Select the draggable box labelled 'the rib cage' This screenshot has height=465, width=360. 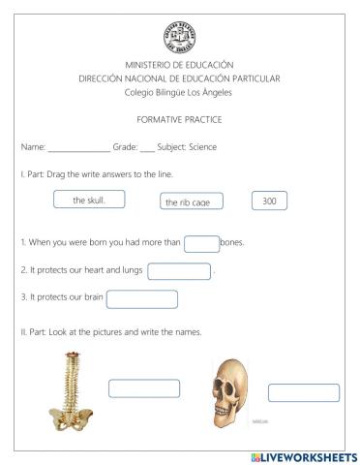coord(192,201)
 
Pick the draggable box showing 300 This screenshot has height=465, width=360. coord(269,201)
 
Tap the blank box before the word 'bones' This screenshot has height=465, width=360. coord(201,243)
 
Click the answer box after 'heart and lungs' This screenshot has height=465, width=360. coord(179,271)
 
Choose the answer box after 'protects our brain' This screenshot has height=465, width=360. coord(142,299)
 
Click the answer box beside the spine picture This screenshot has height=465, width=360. coord(144,388)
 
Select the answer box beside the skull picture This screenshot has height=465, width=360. coord(303,392)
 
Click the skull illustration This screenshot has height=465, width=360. coord(228,392)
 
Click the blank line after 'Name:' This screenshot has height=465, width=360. coord(78,148)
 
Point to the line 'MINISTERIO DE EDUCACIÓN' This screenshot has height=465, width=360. coord(180,64)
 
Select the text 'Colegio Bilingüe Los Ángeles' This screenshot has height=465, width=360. coord(180,91)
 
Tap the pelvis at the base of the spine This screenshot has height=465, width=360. coord(71,417)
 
